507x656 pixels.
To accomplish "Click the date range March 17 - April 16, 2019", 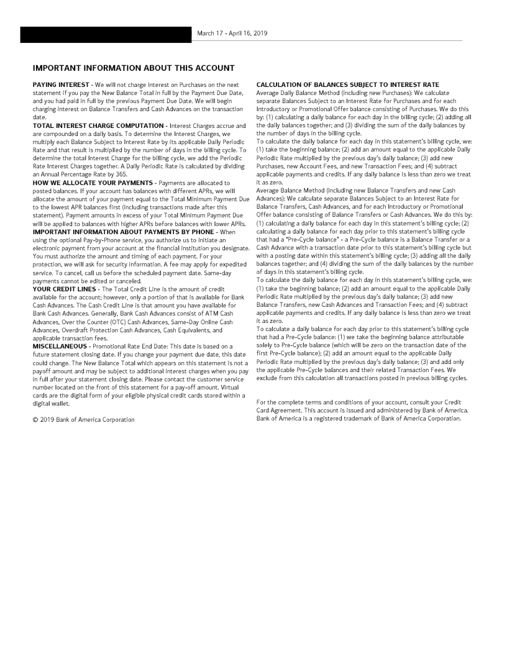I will coord(232,33).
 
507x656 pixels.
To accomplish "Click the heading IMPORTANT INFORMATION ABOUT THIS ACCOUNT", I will coord(134,68).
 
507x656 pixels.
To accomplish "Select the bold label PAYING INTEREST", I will coord(61,84).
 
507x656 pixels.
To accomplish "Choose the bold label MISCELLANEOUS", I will coord(60,345).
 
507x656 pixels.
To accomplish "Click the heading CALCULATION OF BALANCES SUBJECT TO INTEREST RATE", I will coord(347,84).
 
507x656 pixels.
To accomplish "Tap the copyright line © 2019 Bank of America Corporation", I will coord(83,420).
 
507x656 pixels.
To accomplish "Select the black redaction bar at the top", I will coord(106,35).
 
